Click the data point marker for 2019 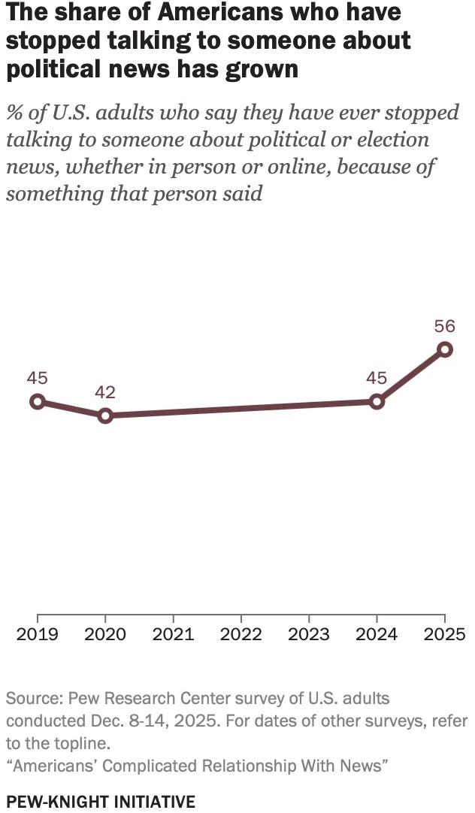point(38,401)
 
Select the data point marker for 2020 point(105,416)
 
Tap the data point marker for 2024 point(377,401)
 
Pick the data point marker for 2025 point(445,349)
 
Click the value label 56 point(445,326)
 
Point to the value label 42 point(105,392)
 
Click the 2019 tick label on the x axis point(38,634)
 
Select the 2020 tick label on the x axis point(105,634)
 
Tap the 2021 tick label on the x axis point(174,634)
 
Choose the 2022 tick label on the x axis point(241,634)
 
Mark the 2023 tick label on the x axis point(309,634)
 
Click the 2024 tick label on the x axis point(377,634)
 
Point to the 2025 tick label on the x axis point(444,634)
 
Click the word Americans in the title point(212,13)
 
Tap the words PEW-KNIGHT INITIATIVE point(101,802)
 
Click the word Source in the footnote point(31,698)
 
